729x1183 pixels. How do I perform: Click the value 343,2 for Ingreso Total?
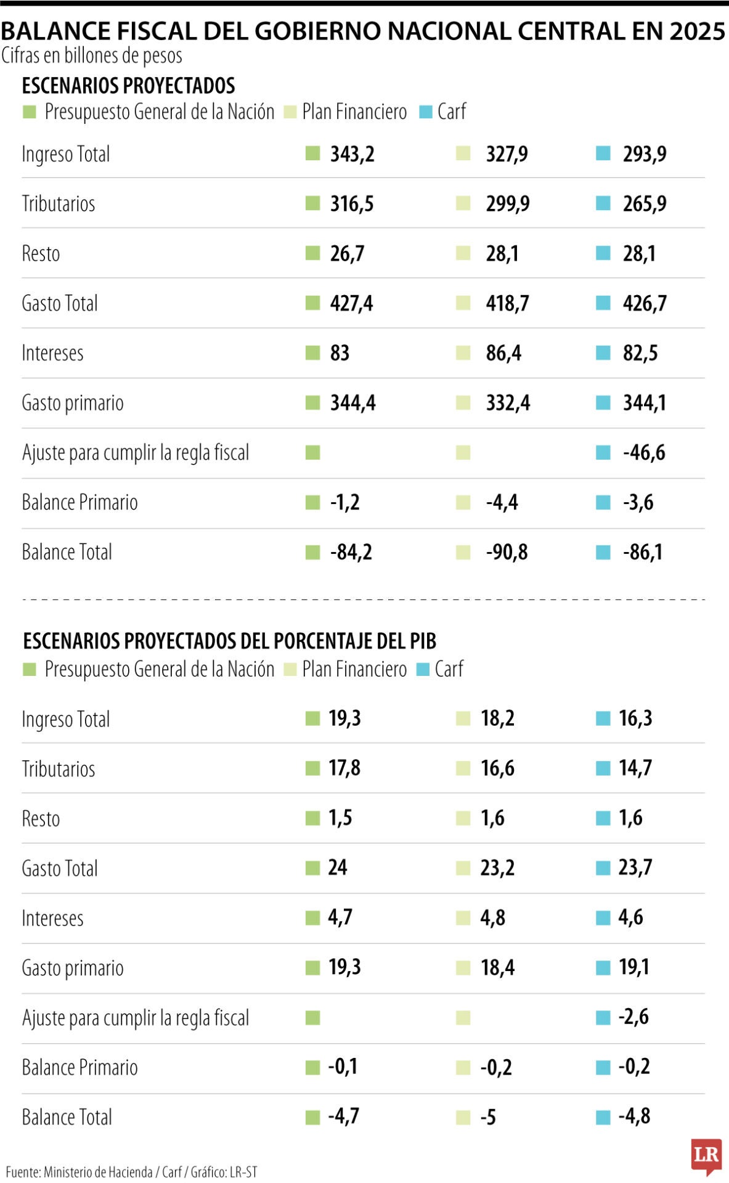[352, 154]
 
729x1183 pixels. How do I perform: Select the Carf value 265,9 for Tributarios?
[644, 204]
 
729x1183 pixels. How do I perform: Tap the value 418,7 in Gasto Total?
[507, 304]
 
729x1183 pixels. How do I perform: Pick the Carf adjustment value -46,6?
[643, 453]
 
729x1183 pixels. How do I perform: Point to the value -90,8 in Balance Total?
[506, 552]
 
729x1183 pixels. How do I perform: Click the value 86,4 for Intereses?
[503, 354]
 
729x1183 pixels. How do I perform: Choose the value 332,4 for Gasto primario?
[507, 403]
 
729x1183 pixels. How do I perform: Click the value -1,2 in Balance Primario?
[344, 503]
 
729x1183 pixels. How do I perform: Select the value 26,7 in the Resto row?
[347, 254]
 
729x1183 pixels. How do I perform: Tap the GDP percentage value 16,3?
[635, 718]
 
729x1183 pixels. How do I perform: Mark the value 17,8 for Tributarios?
[344, 768]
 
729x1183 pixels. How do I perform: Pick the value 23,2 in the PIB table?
[497, 868]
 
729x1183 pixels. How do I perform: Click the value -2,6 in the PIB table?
[633, 1017]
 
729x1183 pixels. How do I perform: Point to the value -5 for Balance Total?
[488, 1117]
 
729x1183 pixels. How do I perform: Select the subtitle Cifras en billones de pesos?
[92, 56]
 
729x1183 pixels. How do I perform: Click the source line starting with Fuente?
[131, 1171]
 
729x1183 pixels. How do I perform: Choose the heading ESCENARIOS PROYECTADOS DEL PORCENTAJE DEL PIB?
[229, 641]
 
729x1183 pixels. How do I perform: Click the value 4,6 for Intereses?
[630, 917]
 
